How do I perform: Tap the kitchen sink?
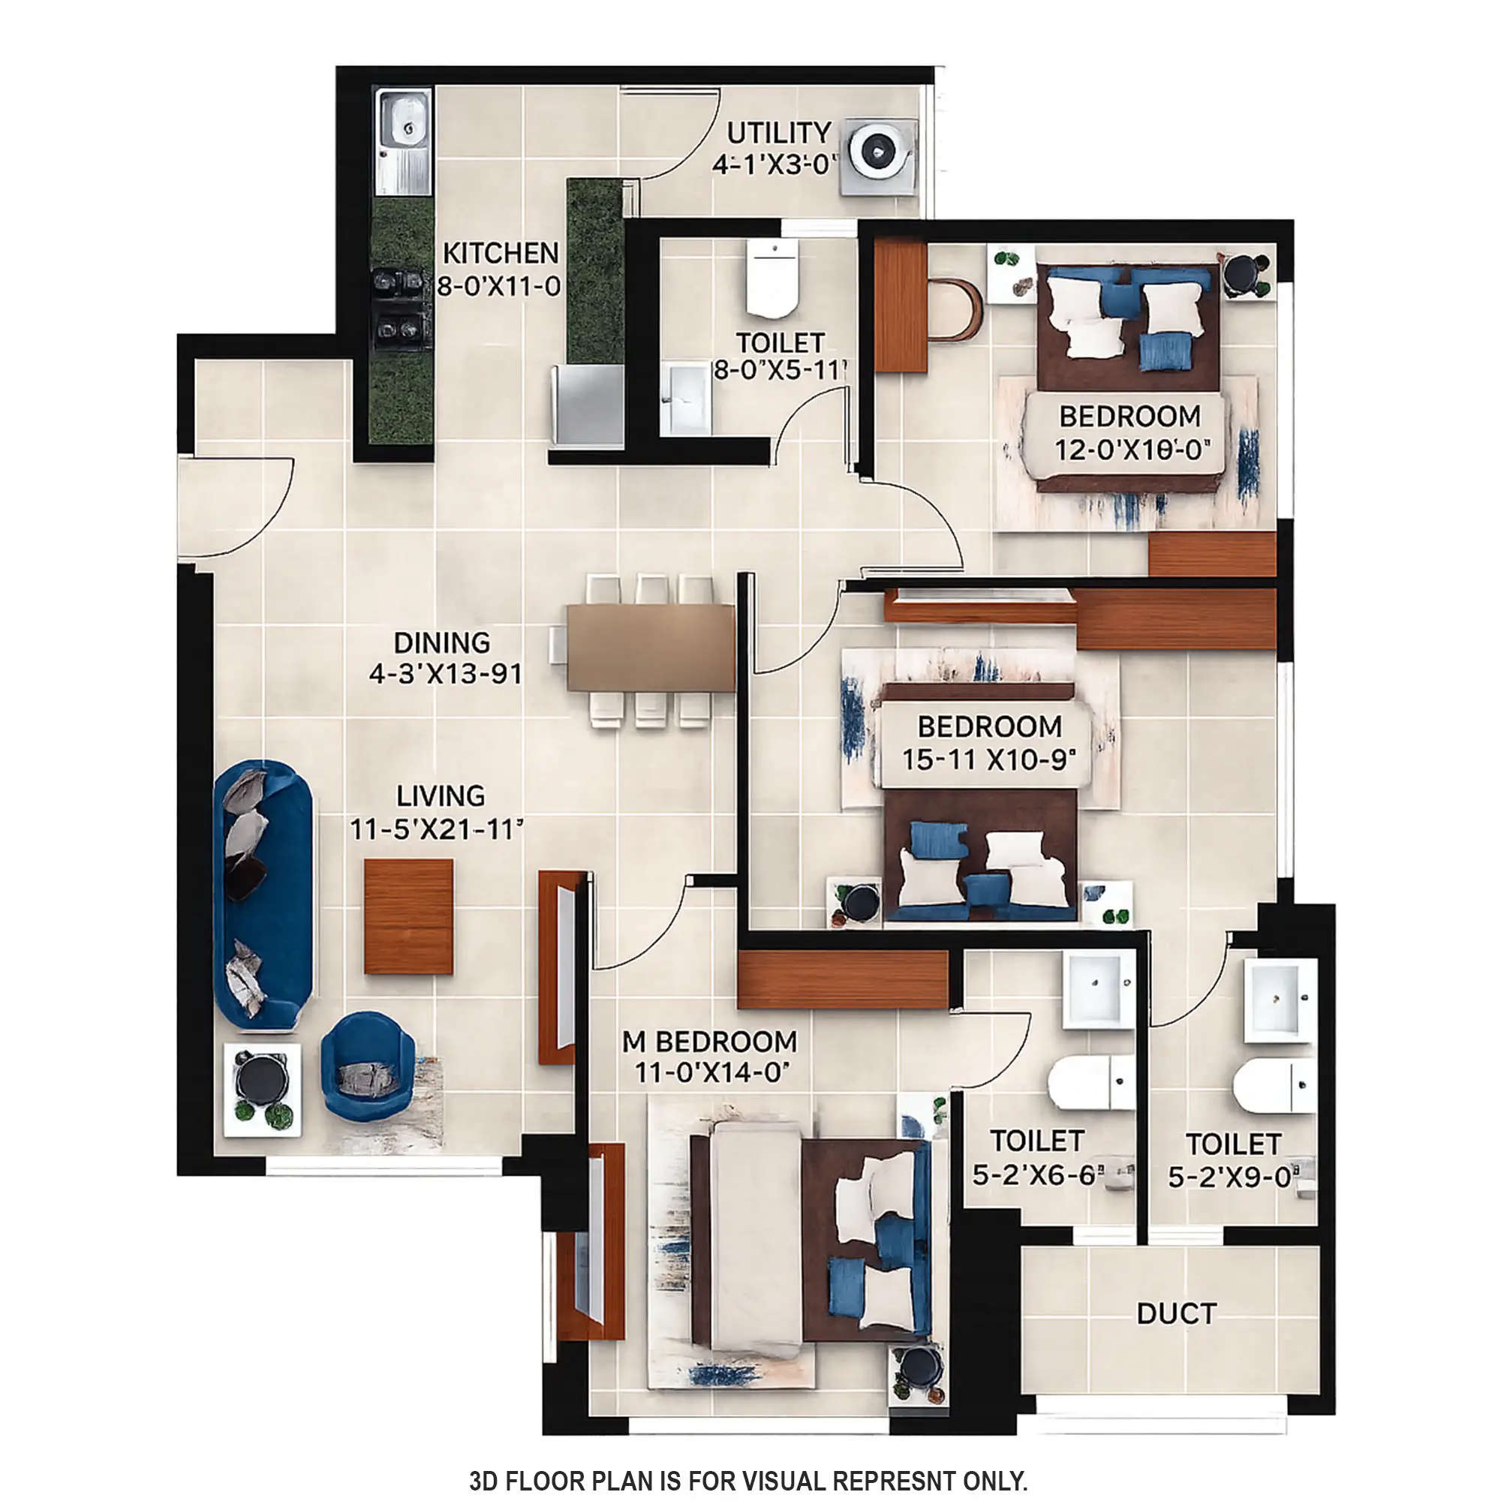point(402,141)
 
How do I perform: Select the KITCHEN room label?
point(501,253)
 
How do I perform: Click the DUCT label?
point(1175,1314)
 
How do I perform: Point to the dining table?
point(650,647)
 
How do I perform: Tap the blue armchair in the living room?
point(368,1065)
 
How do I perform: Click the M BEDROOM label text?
point(709,1041)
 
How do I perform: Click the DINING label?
point(441,642)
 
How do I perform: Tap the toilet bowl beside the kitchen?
point(772,280)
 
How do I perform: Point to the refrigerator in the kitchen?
point(588,405)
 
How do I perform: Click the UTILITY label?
point(778,133)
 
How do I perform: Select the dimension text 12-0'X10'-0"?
point(1132,449)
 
